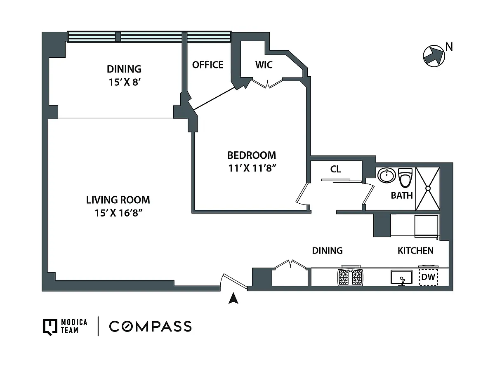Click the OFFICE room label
(x=207, y=65)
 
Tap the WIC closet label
(x=264, y=65)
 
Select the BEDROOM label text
(x=252, y=155)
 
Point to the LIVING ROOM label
(x=118, y=200)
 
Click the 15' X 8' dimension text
(x=125, y=82)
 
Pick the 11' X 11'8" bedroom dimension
(x=252, y=168)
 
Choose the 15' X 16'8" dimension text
(x=118, y=213)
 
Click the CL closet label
(x=336, y=169)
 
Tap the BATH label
(x=402, y=195)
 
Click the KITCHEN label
(x=415, y=251)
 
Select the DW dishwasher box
(x=428, y=277)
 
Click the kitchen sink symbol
(x=401, y=278)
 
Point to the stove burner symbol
(x=350, y=277)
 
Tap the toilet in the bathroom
(x=405, y=178)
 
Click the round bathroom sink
(x=387, y=175)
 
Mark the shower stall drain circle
(x=428, y=188)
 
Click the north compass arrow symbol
(x=434, y=56)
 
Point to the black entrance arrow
(x=233, y=299)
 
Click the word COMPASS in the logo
(x=150, y=327)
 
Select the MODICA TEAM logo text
(x=74, y=326)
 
